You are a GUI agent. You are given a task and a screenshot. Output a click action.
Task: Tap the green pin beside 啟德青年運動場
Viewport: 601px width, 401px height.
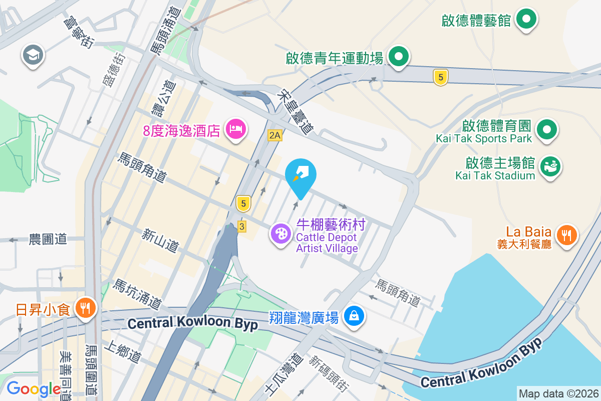398,57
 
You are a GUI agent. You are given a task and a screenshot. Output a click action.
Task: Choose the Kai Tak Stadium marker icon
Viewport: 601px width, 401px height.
550,167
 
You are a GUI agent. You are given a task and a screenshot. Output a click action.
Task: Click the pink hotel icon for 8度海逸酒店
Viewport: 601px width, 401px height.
235,129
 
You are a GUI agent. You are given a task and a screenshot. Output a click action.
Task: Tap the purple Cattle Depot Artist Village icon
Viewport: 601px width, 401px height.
280,234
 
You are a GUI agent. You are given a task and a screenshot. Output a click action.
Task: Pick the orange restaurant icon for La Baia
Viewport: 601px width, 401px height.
566,234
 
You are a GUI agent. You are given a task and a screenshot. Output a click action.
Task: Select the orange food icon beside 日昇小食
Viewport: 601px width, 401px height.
84,307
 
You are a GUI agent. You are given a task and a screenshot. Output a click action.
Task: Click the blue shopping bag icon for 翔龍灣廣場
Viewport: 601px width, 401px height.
354,316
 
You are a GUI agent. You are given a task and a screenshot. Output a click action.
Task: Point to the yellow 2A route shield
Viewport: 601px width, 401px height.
274,135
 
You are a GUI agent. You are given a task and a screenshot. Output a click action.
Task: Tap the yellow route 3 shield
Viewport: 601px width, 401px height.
242,227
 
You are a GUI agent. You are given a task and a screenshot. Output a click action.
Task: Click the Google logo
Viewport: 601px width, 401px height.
34,388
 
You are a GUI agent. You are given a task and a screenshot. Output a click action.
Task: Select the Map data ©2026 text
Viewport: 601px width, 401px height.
558,393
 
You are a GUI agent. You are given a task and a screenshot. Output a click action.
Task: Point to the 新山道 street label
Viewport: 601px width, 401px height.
160,240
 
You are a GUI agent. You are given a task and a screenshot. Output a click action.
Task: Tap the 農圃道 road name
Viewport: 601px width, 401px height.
48,240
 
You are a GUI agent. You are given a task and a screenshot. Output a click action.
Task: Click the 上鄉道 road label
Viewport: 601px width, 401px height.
121,352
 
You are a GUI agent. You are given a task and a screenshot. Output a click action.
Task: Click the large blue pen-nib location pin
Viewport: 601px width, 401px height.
300,175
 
